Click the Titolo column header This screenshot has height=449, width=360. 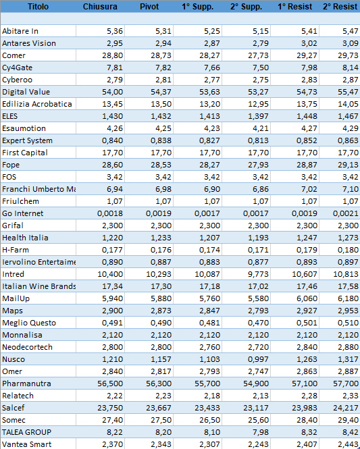(x=38, y=7)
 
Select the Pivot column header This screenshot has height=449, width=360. (x=149, y=7)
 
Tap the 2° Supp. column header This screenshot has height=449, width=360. (x=246, y=7)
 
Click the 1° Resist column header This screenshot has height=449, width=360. (x=294, y=7)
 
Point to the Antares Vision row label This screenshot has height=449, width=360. (x=29, y=43)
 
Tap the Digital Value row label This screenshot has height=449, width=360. (x=26, y=92)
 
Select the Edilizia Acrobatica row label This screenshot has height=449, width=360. (x=37, y=104)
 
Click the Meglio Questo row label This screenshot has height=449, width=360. (x=29, y=323)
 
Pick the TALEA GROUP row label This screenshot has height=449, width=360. (x=26, y=432)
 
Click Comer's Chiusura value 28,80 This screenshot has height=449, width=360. (x=112, y=55)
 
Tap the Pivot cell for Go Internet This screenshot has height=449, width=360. (x=159, y=213)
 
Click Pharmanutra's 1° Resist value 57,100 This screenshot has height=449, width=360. (x=305, y=384)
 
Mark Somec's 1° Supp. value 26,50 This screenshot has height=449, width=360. (x=209, y=420)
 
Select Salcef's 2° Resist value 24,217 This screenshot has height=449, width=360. (x=346, y=408)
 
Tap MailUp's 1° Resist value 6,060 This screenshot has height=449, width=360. (x=307, y=298)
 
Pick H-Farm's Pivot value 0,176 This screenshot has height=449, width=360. (x=161, y=250)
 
